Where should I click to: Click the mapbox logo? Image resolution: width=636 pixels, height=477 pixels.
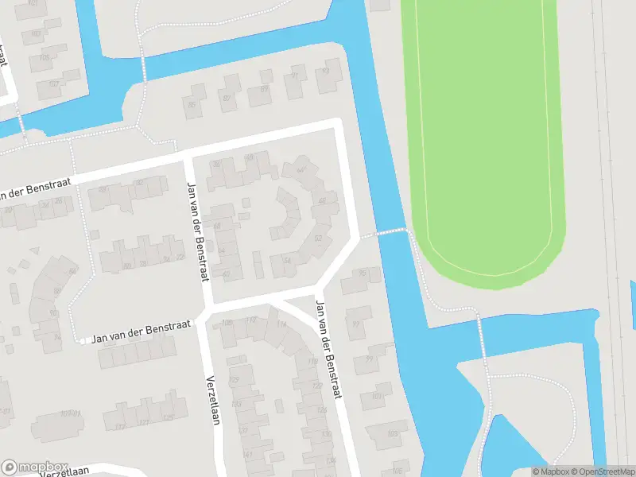coord(35,467)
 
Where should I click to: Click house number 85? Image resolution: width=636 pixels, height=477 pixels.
coord(191,104)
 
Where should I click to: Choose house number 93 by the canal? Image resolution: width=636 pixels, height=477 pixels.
coord(324,72)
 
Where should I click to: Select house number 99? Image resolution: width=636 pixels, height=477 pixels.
coord(369,359)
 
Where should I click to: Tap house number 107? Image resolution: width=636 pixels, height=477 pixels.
coord(53,84)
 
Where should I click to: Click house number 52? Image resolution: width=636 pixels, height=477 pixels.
coord(318,238)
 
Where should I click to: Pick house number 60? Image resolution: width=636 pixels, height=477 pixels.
coord(227,275)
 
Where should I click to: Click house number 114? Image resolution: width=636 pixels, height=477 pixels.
coord(281,324)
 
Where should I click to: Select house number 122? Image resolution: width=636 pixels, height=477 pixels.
coord(317,386)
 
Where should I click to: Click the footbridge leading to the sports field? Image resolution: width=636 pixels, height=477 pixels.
coord(390,232)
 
